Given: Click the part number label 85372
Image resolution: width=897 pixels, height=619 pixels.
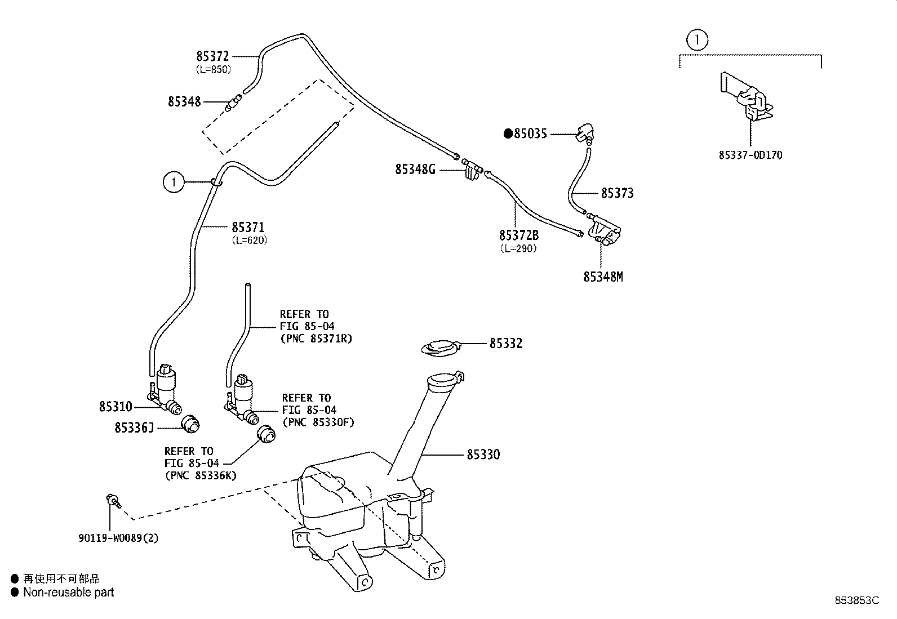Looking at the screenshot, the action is [212, 56].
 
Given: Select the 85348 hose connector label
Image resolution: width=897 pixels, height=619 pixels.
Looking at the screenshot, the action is [184, 102].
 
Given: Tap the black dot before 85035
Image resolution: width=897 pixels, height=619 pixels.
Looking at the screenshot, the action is [508, 133].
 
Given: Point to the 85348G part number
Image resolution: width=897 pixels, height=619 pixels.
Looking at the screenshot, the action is [415, 170].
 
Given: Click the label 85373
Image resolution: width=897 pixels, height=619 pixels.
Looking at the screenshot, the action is [618, 193].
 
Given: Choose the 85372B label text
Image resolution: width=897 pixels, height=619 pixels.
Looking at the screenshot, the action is [519, 235].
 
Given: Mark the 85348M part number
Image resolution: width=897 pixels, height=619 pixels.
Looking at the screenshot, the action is [603, 277].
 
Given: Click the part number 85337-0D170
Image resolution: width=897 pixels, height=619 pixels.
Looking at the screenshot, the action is [751, 155].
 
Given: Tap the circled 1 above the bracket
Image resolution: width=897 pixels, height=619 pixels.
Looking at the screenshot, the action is [697, 39].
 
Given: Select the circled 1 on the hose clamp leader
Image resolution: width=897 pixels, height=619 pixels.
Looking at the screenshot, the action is [174, 182].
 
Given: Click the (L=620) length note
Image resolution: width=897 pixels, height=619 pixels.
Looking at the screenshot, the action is [250, 241].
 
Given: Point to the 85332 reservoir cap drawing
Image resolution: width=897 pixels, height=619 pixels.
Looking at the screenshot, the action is [441, 348].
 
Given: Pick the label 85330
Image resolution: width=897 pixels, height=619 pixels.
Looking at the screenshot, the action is [483, 455].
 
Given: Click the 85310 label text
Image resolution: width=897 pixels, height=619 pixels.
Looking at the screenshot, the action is [116, 407].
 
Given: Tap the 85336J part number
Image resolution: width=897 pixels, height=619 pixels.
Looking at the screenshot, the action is [134, 427].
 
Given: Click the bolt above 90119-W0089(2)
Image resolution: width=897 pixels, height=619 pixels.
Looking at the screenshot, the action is [113, 501].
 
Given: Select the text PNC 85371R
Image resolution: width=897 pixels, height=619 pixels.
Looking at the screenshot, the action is [316, 339].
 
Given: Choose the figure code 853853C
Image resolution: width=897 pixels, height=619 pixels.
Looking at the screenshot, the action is [857, 600].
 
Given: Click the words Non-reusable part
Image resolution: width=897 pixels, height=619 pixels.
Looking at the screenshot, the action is [69, 592].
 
